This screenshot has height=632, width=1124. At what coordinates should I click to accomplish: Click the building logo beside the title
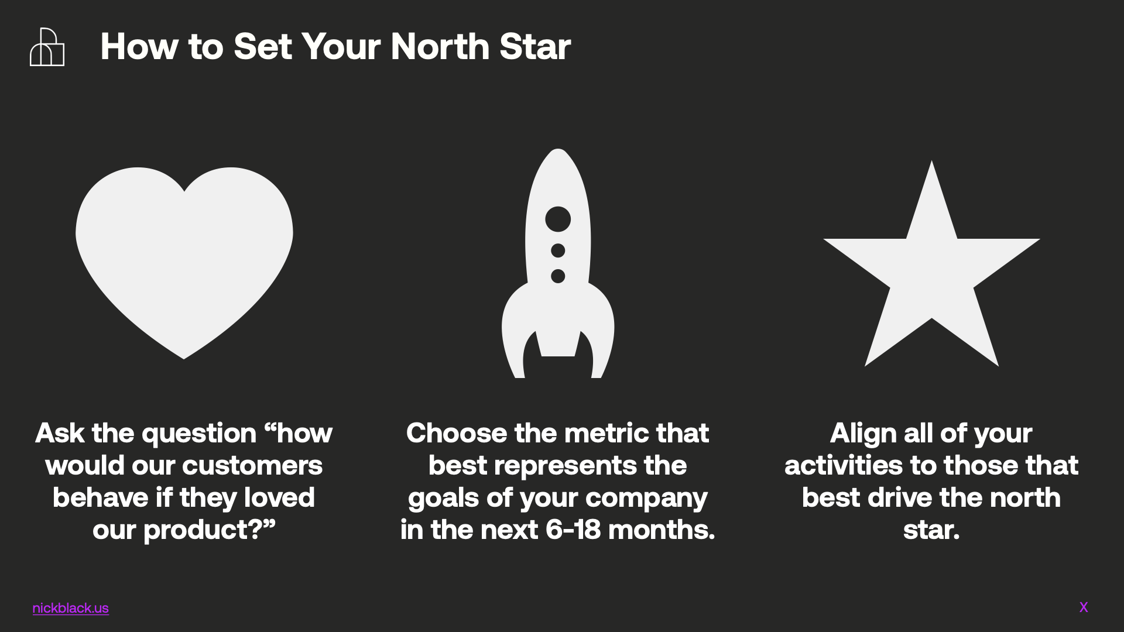click(47, 47)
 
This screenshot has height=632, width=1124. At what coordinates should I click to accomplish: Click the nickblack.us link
click(71, 608)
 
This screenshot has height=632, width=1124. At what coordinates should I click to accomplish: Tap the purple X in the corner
click(1084, 607)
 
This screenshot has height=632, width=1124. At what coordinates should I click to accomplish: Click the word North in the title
click(440, 46)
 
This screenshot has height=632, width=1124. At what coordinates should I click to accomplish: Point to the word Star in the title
click(535, 46)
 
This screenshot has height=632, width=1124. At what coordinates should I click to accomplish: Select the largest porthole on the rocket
click(558, 219)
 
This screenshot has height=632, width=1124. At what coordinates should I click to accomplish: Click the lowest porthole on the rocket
click(558, 276)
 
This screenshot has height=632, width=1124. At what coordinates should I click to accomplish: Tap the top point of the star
click(931, 161)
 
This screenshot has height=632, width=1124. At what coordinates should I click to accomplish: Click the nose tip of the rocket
click(558, 149)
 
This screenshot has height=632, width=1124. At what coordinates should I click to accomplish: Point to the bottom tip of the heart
click(184, 359)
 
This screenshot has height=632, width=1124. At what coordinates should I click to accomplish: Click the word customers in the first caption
click(252, 465)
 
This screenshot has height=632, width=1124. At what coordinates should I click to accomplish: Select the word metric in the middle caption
click(606, 433)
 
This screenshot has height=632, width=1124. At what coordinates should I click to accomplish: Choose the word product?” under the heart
click(209, 531)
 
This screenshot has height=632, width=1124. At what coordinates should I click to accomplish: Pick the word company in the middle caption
click(646, 499)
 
